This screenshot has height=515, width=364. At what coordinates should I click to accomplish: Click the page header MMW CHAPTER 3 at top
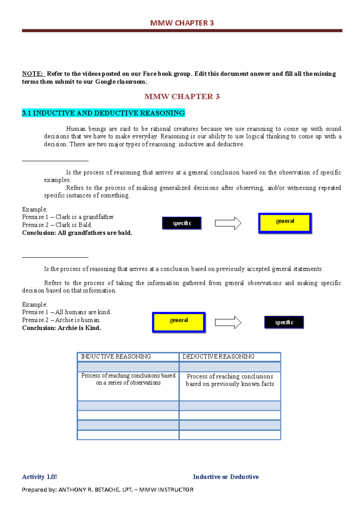tap(182, 23)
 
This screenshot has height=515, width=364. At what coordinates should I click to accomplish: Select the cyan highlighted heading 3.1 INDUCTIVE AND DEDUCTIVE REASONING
tap(103, 113)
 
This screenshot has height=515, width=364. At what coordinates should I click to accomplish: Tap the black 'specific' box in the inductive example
tap(182, 223)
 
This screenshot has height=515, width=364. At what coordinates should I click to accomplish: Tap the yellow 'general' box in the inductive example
tap(285, 223)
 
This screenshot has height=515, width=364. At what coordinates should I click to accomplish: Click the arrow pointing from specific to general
tap(228, 224)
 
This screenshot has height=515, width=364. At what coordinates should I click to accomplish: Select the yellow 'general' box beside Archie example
tap(179, 322)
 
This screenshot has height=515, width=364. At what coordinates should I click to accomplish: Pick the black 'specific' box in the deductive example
tap(284, 322)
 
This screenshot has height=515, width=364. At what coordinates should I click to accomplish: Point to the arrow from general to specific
tap(228, 322)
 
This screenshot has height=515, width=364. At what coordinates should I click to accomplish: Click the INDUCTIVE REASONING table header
tap(116, 357)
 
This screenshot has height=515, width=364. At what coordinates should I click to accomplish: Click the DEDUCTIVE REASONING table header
tap(218, 357)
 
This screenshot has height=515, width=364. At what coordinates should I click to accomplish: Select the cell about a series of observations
tap(128, 379)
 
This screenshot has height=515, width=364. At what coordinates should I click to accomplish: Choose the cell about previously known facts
tap(230, 380)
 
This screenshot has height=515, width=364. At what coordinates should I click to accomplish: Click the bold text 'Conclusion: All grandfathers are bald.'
tap(77, 233)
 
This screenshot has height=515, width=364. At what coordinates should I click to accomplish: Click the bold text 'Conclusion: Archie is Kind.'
tap(62, 328)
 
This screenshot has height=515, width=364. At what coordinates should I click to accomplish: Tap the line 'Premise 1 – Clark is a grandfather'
tap(68, 217)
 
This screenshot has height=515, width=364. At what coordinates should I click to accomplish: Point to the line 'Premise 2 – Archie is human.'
tap(62, 320)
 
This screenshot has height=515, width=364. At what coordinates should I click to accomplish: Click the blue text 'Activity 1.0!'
tap(39, 477)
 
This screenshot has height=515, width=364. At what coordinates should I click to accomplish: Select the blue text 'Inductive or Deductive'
tap(226, 477)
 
